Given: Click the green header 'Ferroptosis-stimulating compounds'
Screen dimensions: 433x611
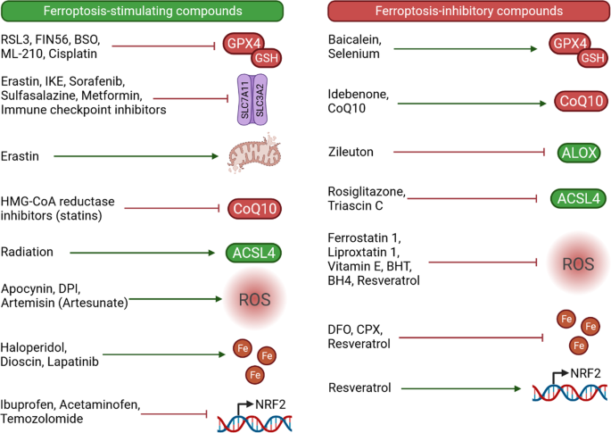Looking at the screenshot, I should (143, 12).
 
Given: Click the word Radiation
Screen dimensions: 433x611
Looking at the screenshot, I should (29, 253).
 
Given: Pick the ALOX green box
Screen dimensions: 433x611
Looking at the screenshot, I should (573, 153).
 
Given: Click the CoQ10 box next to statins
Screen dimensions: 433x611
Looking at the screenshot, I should (252, 209).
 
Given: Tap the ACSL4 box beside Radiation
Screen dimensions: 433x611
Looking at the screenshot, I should (252, 254).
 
